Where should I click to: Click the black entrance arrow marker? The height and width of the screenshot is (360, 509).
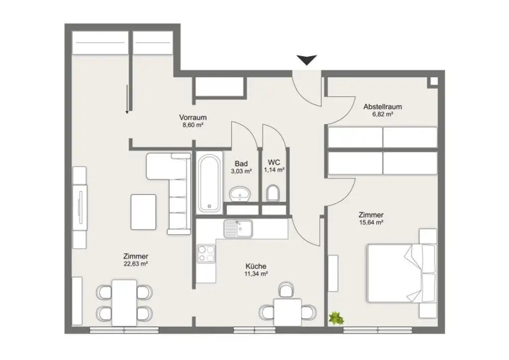pyautogui.click(x=308, y=60)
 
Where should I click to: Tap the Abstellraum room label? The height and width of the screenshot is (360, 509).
pyautogui.click(x=382, y=106)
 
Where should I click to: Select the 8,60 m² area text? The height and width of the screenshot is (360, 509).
pyautogui.click(x=192, y=125)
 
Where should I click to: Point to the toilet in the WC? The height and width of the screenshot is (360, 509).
pyautogui.click(x=273, y=192)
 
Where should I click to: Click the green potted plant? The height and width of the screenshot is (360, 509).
pyautogui.click(x=337, y=318)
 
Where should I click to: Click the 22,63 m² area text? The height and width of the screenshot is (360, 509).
pyautogui.click(x=136, y=264)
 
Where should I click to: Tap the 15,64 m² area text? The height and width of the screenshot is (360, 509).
pyautogui.click(x=371, y=223)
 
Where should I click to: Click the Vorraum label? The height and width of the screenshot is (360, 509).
pyautogui.click(x=192, y=118)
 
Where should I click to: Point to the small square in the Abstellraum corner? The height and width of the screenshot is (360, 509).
pyautogui.click(x=433, y=82)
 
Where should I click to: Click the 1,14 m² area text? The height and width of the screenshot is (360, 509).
pyautogui.click(x=273, y=170)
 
